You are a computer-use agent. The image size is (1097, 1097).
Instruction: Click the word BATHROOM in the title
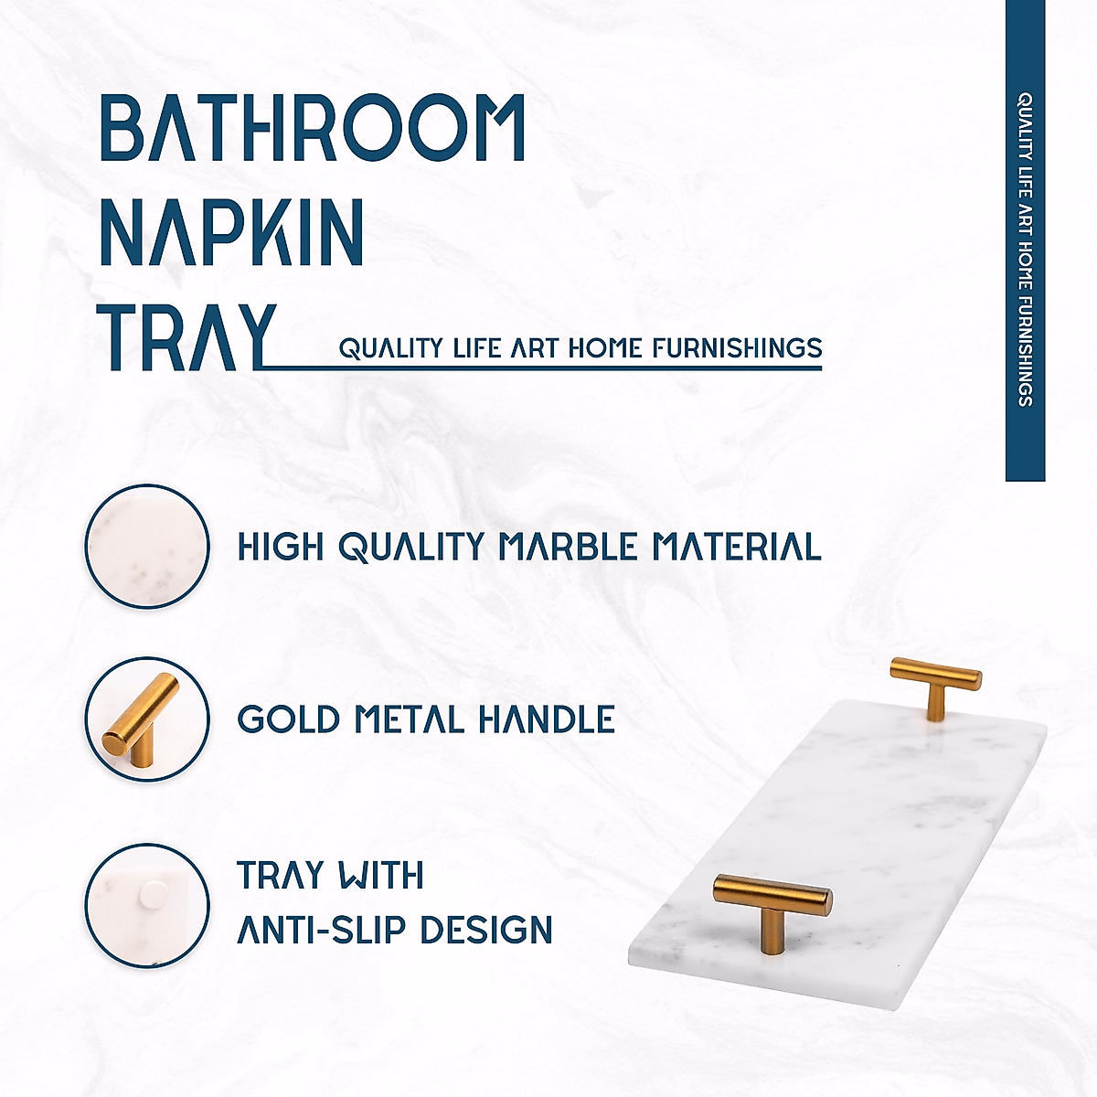[x=312, y=128]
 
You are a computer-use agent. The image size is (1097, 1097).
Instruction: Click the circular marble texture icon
[x=147, y=546]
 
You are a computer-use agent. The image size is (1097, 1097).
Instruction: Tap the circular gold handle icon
[x=147, y=719]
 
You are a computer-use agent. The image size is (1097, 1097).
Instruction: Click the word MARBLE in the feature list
[x=568, y=547]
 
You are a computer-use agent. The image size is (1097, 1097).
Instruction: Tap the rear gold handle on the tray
[x=936, y=686]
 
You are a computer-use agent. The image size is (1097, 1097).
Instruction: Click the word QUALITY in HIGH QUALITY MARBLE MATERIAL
[x=410, y=547]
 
